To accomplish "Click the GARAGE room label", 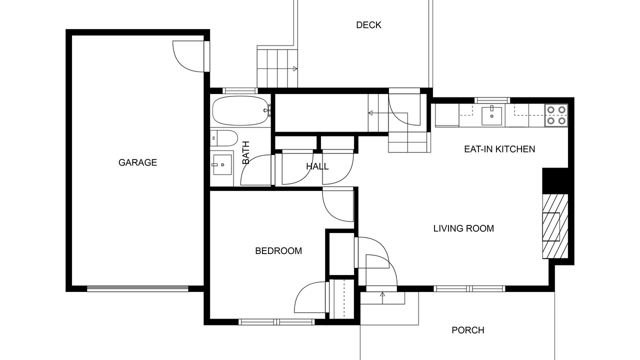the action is tap(137, 162).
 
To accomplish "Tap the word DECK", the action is tap(368, 25).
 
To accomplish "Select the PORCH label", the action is tap(468, 330).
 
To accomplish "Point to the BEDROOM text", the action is tap(278, 251).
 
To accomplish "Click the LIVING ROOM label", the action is tap(463, 228).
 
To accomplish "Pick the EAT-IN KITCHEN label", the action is tap(499, 149).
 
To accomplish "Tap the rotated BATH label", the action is tap(246, 152).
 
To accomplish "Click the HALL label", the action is tap(317, 166).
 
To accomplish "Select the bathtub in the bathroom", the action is tap(241, 110).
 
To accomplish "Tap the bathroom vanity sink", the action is tap(222, 165).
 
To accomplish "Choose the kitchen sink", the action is tap(491, 115).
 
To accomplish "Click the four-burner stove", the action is tap(556, 115).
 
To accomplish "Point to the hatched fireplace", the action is tap(555, 226).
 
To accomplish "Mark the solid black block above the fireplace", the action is tap(555, 181).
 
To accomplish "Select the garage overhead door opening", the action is tap(137, 288).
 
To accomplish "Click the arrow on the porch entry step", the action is tap(382, 298).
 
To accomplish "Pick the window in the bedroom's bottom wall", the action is tap(276, 322).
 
